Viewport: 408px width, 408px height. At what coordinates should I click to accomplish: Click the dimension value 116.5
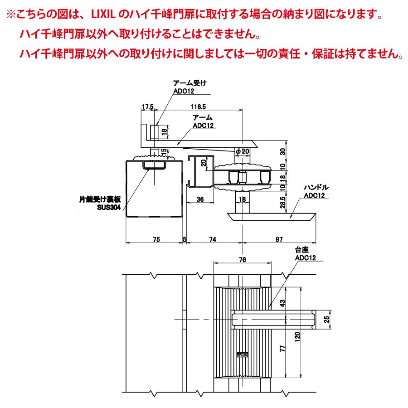198,107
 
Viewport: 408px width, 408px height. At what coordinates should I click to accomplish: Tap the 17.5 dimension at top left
147,107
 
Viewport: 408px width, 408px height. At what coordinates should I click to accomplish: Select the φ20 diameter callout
243,151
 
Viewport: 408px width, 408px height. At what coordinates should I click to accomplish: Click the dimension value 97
279,239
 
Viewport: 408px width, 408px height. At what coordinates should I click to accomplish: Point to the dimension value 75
156,239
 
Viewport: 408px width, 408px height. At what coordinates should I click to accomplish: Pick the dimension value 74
213,239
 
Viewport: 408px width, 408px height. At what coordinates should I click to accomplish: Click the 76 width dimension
243,259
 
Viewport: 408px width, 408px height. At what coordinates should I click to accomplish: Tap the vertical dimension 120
297,337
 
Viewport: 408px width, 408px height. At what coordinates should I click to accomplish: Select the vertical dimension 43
282,303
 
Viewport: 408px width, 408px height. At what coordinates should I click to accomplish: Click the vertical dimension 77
282,349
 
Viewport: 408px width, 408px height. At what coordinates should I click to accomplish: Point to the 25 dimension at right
326,319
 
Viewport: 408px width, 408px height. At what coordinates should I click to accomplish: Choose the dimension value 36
200,199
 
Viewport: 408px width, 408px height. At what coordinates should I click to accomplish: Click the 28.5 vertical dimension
282,203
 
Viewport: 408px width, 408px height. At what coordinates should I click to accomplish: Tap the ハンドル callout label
316,187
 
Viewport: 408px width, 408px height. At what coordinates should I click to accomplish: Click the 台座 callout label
302,250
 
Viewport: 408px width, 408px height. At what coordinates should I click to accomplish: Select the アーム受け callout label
189,83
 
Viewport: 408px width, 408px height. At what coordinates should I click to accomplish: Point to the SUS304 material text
109,207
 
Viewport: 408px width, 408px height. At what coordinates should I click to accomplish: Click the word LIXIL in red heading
103,15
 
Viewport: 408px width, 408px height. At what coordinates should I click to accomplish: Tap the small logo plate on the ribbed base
243,355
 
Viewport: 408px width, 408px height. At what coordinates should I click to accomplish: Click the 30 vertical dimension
282,151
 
